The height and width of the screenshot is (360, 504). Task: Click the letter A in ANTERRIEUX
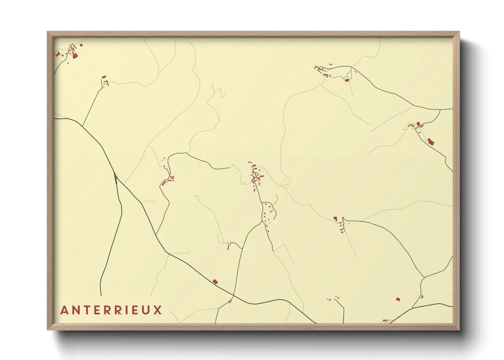[x=64, y=310]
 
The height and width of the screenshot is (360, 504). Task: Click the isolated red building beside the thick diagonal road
[x=215, y=281]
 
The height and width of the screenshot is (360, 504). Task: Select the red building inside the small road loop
[x=347, y=80]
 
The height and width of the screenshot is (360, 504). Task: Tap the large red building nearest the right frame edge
[x=430, y=141]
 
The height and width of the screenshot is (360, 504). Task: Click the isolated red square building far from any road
[x=398, y=299]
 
